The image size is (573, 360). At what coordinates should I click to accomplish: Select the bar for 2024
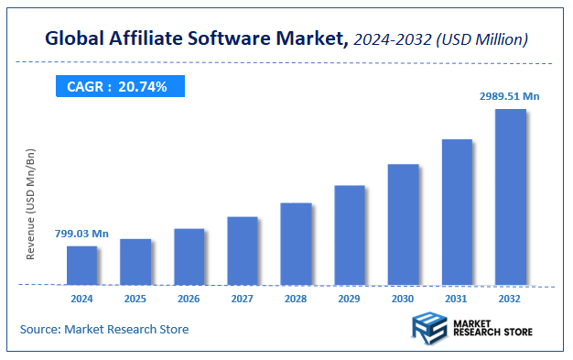click(81, 265)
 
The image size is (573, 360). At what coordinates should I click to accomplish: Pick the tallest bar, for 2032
click(511, 196)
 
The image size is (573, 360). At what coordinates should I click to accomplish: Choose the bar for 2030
click(404, 224)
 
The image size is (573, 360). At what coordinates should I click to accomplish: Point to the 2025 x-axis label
click(135, 299)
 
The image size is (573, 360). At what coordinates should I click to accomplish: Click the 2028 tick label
click(297, 299)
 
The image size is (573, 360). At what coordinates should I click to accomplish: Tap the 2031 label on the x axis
click(458, 299)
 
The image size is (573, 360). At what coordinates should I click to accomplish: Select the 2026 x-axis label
click(189, 299)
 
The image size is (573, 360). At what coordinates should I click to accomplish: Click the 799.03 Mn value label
click(81, 235)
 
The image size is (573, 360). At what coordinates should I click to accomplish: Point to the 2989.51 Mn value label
click(510, 95)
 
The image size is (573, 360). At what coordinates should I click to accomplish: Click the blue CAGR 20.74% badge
click(118, 86)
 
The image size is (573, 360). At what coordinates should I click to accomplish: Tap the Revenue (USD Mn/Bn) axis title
click(30, 203)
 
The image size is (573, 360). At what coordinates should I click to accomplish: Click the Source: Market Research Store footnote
click(104, 329)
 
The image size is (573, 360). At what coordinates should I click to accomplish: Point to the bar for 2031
click(457, 212)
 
